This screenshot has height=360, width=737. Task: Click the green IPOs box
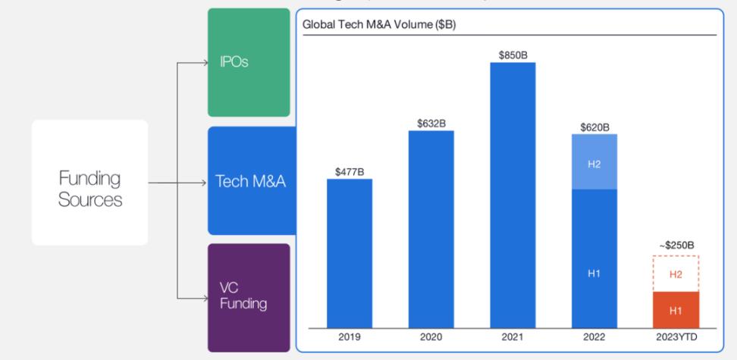click(x=249, y=62)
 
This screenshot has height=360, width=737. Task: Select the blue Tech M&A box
click(x=250, y=180)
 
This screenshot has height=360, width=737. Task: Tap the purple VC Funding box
click(x=249, y=298)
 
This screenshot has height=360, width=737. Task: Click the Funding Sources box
click(x=89, y=183)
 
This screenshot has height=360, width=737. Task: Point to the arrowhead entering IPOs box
click(x=204, y=63)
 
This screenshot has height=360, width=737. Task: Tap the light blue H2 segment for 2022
click(x=594, y=162)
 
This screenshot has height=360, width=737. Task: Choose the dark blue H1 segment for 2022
click(x=594, y=258)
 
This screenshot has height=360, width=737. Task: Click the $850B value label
click(x=513, y=55)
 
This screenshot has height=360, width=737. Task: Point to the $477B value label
click(x=350, y=171)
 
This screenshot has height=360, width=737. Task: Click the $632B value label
click(x=431, y=123)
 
